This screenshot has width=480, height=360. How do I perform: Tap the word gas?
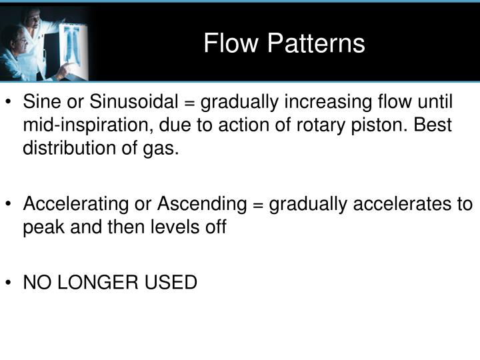165,148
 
